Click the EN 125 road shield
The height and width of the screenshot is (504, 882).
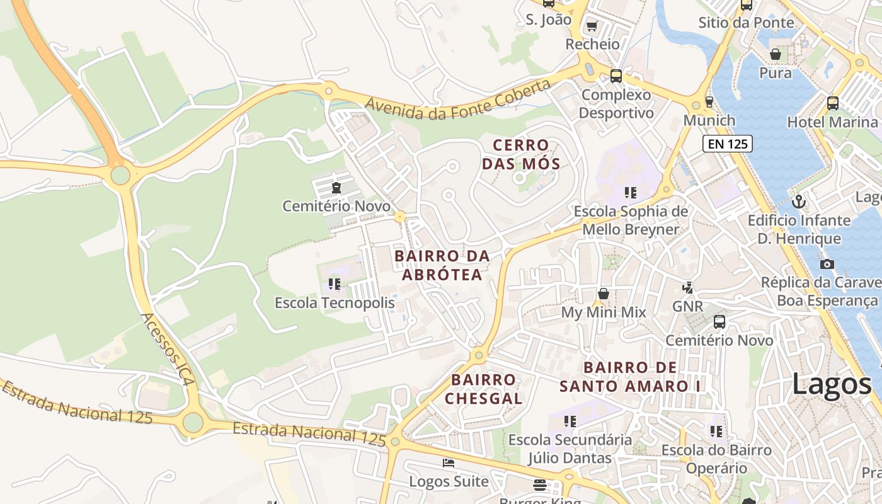[728, 144]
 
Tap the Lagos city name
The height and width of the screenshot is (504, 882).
[831, 383]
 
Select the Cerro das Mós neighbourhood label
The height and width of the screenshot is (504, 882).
[521, 155]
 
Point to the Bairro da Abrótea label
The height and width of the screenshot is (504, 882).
[442, 265]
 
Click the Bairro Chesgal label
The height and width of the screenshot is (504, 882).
[484, 389]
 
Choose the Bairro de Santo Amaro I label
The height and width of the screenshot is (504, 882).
[630, 377]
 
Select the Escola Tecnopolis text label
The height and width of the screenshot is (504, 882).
[335, 303]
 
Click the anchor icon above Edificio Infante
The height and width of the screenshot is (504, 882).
[799, 202]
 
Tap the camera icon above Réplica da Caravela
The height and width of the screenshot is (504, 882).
[827, 264]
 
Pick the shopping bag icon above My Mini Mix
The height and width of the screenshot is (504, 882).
[604, 294]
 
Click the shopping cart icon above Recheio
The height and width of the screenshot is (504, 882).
[592, 26]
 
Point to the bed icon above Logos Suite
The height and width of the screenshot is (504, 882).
[449, 463]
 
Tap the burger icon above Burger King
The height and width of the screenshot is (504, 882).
[540, 485]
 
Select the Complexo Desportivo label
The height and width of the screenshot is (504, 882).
[616, 104]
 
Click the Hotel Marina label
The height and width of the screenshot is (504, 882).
[832, 122]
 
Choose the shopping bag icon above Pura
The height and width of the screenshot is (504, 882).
[776, 54]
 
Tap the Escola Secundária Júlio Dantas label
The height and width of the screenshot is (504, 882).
[570, 449]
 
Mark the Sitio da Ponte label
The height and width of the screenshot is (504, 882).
[746, 23]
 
